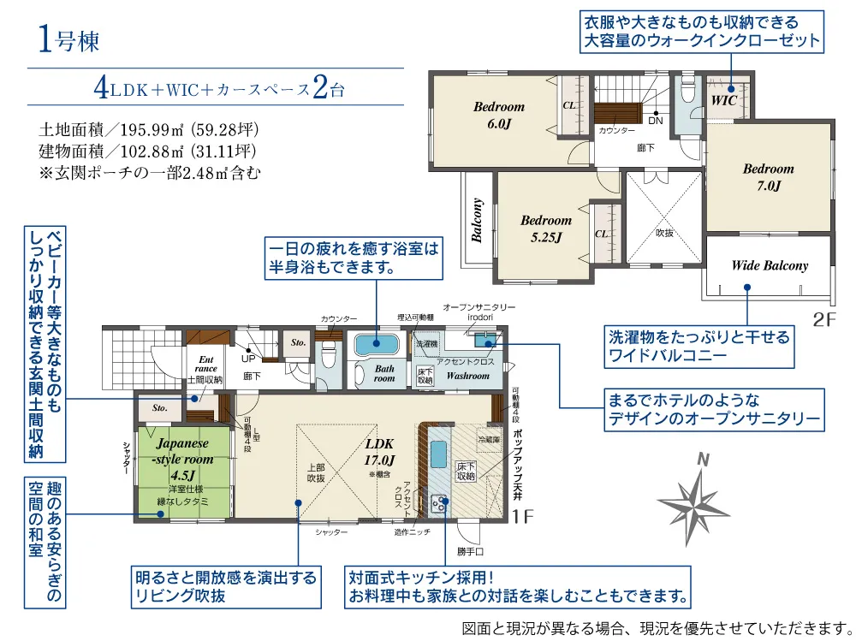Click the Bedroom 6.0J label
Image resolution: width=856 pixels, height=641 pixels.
click(499, 116)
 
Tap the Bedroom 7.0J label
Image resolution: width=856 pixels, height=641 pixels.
click(768, 177)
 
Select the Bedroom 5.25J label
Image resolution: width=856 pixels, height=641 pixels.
click(545, 229)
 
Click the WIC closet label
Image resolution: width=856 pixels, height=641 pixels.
click(724, 100)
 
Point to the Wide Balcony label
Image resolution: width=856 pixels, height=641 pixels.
click(769, 265)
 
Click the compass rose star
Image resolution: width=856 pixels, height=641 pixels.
click(696, 507)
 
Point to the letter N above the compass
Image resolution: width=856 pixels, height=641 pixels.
click(704, 460)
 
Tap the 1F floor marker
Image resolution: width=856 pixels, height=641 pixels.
click(523, 515)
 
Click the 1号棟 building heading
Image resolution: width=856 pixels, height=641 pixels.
click(68, 41)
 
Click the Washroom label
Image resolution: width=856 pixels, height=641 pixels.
click(467, 376)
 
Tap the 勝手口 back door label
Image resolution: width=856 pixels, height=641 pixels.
click(470, 551)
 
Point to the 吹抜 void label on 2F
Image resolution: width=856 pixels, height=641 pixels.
click(665, 233)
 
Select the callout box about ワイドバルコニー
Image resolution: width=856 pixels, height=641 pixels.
click(698, 346)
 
